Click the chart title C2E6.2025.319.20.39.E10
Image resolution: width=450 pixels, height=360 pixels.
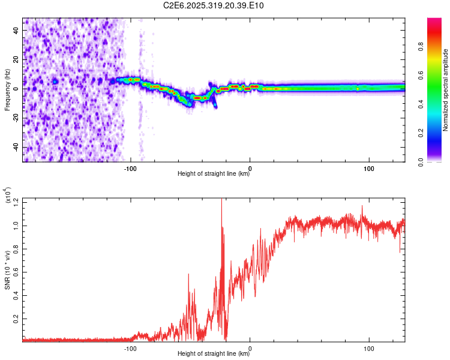click(x=214, y=6)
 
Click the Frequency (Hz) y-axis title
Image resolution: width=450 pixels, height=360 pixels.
click(x=8, y=89)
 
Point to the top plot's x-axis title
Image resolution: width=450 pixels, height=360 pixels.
click(x=214, y=173)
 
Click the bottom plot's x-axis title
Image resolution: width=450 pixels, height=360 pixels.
click(x=214, y=353)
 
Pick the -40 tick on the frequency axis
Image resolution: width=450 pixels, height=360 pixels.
click(x=14, y=147)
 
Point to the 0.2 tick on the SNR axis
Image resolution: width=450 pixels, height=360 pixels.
click(x=15, y=318)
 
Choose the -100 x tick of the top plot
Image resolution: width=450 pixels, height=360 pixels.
click(x=131, y=169)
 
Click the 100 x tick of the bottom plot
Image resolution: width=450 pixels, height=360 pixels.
click(x=369, y=349)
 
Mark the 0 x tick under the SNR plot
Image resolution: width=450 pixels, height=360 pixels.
click(x=250, y=349)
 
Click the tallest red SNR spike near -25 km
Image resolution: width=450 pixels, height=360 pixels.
click(x=222, y=201)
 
